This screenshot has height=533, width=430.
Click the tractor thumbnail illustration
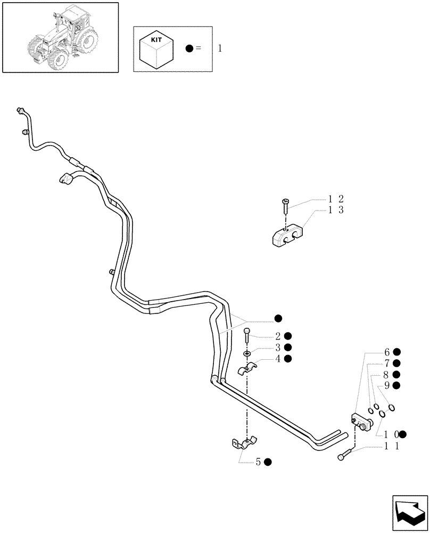(x=60, y=37)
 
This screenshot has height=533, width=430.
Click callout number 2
(x=278, y=336)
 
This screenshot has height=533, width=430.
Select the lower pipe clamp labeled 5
(x=244, y=443)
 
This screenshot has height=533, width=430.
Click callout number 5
(x=258, y=462)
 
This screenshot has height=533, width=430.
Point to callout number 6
(x=387, y=352)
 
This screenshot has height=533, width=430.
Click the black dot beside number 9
(x=396, y=385)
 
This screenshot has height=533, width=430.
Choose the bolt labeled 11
(x=344, y=455)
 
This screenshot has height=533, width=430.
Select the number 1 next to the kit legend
(x=220, y=49)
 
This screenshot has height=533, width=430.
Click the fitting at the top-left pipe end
(x=21, y=110)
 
